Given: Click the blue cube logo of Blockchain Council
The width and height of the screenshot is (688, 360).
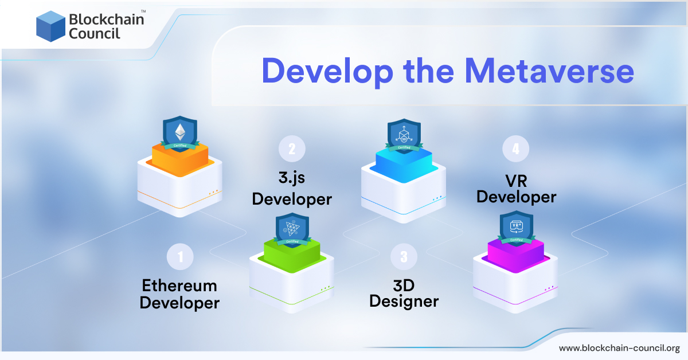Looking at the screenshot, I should pos(50,26).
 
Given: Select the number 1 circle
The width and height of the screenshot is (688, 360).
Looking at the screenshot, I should pos(181,257).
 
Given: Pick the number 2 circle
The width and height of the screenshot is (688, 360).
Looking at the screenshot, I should pos(292,149).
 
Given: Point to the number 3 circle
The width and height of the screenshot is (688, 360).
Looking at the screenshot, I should pos(404,257).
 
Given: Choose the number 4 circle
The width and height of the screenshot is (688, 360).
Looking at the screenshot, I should pos(515,149).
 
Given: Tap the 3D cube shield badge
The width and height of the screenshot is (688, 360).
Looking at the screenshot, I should pos(404,135).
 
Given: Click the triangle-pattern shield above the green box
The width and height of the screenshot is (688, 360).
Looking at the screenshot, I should pos(292,229).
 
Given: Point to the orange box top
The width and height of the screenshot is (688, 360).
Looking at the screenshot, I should pos(180,158).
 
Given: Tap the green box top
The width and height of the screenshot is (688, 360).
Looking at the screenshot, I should pos(292,254).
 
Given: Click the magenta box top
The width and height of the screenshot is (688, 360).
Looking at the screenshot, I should pos(515,253).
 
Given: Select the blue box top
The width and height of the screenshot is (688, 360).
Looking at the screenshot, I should pos(404,160).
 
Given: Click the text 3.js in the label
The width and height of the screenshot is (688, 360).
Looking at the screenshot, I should pos(292,178).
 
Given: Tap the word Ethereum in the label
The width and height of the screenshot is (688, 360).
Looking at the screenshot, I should pos(179,285).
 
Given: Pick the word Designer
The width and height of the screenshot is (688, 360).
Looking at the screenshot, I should pos(404,301).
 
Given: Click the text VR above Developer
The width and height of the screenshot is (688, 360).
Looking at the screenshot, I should pos(516,179).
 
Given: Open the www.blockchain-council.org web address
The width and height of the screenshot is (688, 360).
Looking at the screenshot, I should pos(619,348).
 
